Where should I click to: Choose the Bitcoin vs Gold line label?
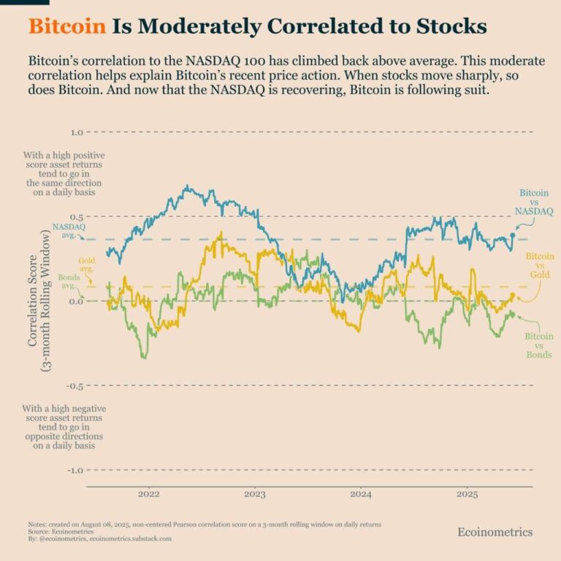coord(540,264)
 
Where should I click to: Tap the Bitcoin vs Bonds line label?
coord(539,345)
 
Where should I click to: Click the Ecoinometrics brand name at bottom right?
coord(495,532)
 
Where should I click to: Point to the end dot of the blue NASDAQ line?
coord(514,235)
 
